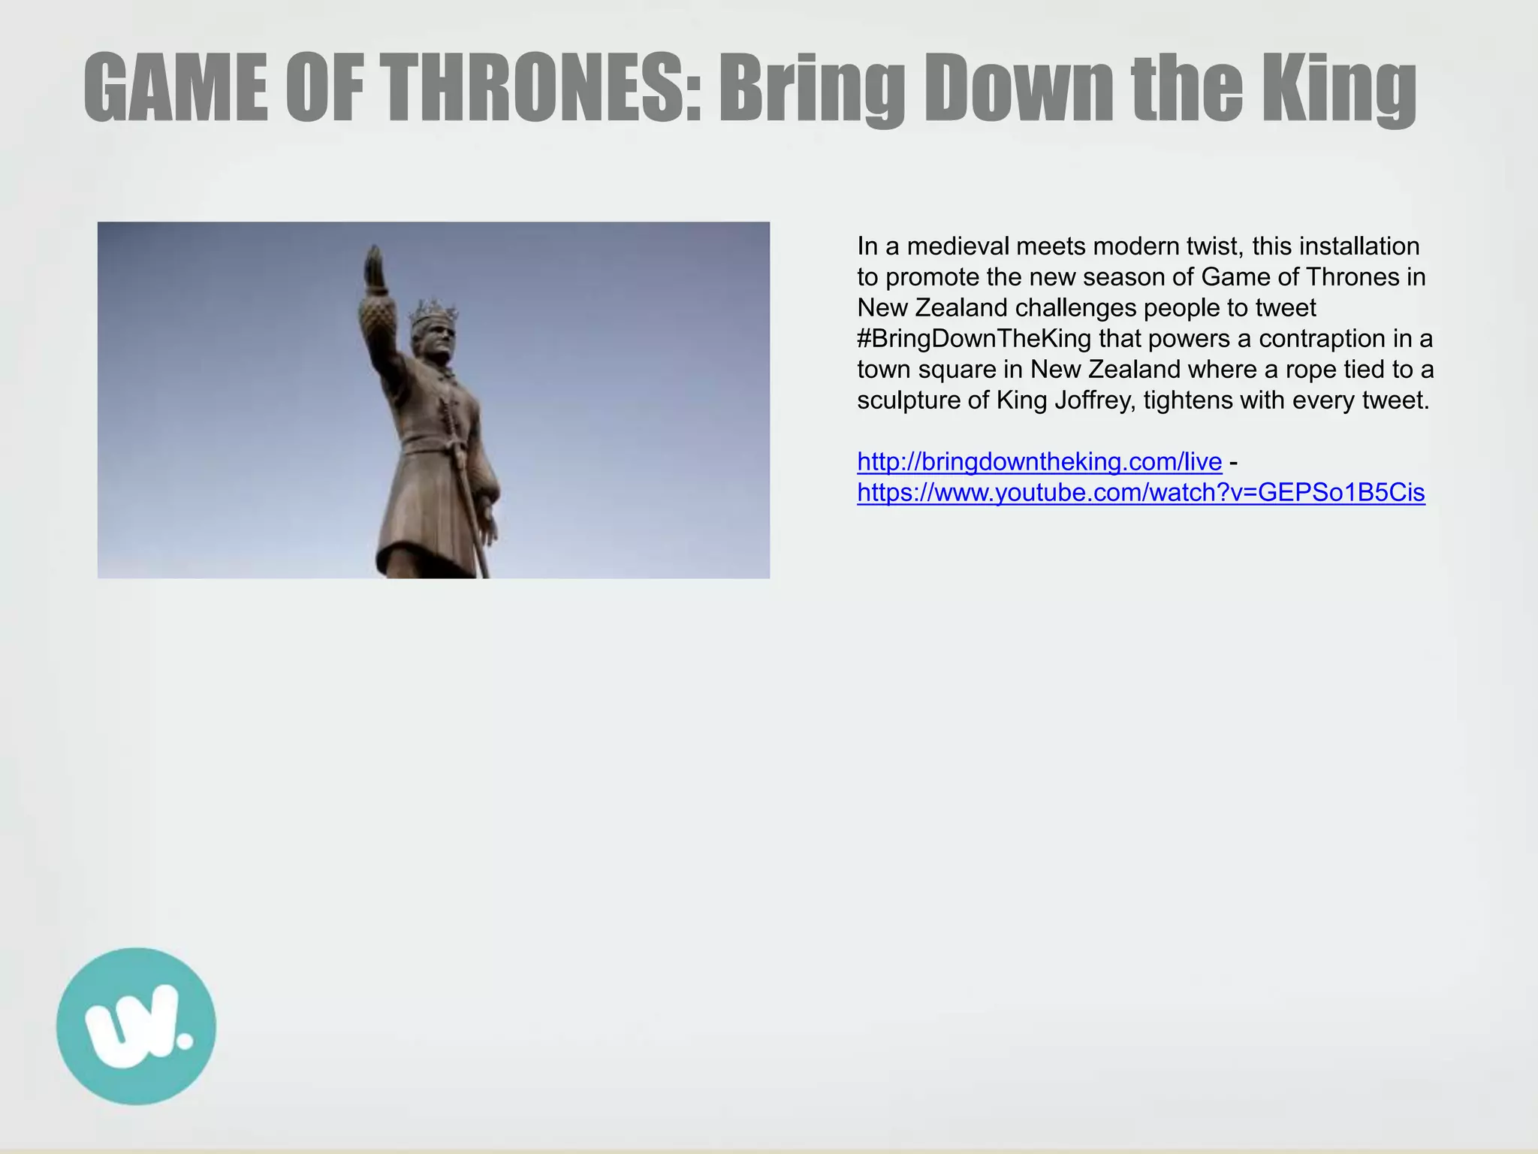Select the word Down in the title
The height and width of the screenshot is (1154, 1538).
[x=1021, y=88]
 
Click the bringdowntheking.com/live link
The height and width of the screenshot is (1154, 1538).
[x=1039, y=461]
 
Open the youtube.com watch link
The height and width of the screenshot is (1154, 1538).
[x=1141, y=492]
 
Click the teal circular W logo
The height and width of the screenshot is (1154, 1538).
[x=136, y=1026]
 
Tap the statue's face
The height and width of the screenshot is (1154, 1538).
[x=439, y=343]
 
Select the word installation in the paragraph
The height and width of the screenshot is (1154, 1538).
[x=1359, y=246]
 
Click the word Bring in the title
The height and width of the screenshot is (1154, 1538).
[x=811, y=88]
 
